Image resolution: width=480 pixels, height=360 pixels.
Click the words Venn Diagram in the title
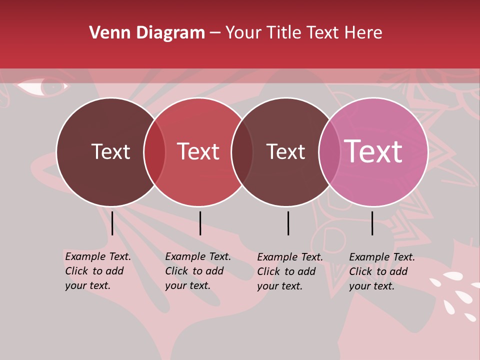tap(147, 33)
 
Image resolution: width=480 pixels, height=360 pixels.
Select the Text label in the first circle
tap(110, 151)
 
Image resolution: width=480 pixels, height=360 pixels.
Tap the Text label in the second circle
tap(198, 151)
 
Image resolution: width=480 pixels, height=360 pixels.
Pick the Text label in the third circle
tap(285, 151)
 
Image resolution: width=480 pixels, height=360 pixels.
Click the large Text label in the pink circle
tap(373, 151)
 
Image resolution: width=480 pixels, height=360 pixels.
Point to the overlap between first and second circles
tap(154, 152)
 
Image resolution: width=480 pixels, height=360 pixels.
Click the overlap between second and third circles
tap(242, 152)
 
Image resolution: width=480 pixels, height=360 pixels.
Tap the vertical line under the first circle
tap(112, 223)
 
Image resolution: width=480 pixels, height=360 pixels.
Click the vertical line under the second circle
tap(200, 223)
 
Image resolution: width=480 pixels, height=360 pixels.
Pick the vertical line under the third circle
tap(288, 223)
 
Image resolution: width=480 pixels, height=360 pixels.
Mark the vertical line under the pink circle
tap(372, 223)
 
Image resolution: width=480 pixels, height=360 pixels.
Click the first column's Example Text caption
tap(97, 271)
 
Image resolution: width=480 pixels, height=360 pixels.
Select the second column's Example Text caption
tap(197, 271)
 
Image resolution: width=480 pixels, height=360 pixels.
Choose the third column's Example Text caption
tap(289, 271)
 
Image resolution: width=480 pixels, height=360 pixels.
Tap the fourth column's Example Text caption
tap(381, 271)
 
